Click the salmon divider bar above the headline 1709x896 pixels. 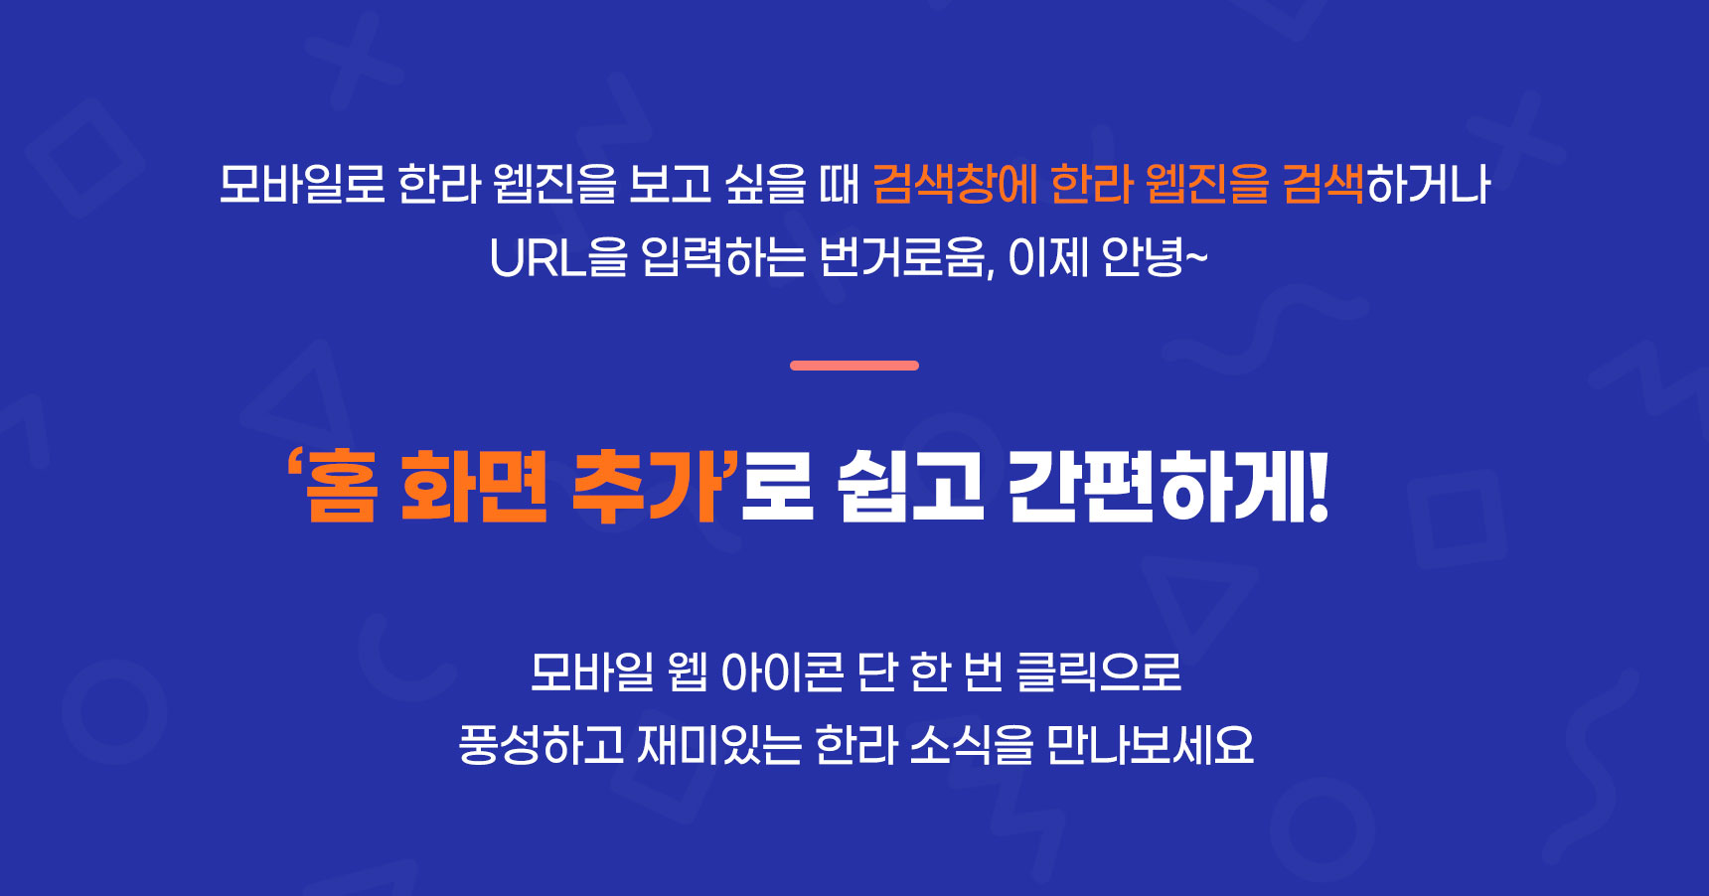pyautogui.click(x=854, y=366)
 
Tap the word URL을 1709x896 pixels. pyautogui.click(x=558, y=258)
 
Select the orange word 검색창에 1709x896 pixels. pyautogui.click(x=954, y=184)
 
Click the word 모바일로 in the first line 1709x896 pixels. pyautogui.click(x=302, y=184)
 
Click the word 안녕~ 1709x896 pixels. pyautogui.click(x=1155, y=258)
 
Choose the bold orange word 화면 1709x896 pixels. pyautogui.click(x=474, y=486)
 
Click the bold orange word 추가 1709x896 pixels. pyautogui.click(x=647, y=486)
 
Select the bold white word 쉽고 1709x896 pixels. pyautogui.click(x=910, y=486)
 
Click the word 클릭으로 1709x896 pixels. pyautogui.click(x=1098, y=672)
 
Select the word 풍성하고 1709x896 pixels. pyautogui.click(x=541, y=745)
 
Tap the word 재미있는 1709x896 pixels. pyautogui.click(x=718, y=745)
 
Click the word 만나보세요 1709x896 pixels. pyautogui.click(x=1151, y=745)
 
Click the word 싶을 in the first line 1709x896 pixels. pyautogui.click(x=766, y=184)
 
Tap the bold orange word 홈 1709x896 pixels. pyautogui.click(x=341, y=486)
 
